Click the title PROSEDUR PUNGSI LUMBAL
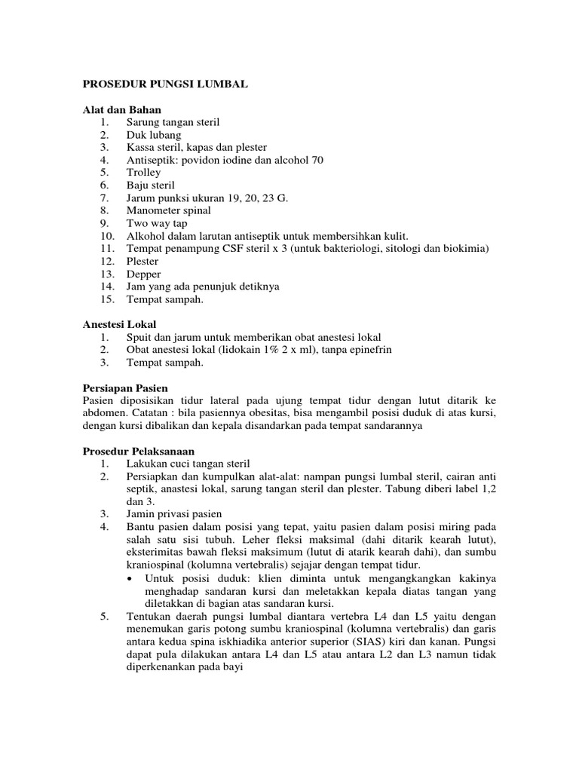click(165, 85)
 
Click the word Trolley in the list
click(144, 173)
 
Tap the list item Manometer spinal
click(169, 210)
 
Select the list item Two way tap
click(157, 223)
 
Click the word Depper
click(143, 274)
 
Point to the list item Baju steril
click(151, 185)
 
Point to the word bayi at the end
click(231, 667)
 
